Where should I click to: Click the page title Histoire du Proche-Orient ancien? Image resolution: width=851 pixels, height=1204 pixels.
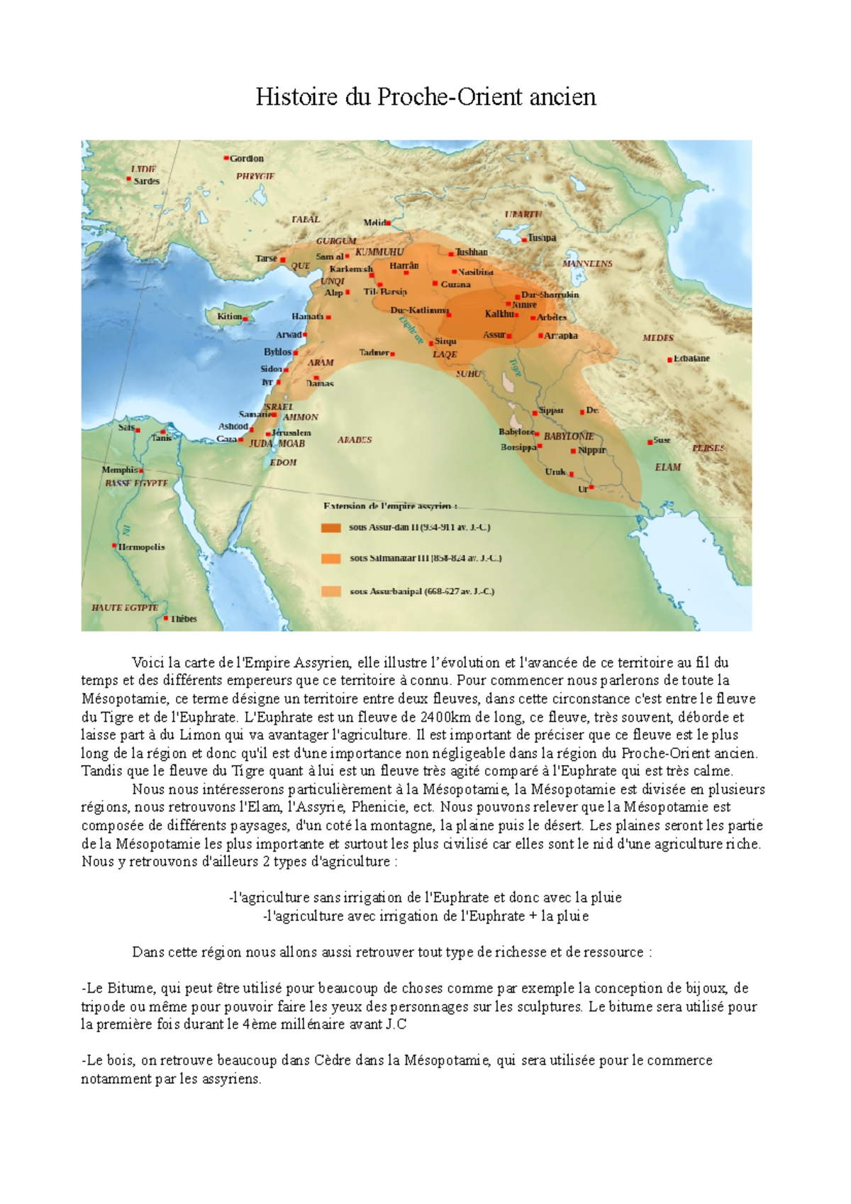pyautogui.click(x=425, y=96)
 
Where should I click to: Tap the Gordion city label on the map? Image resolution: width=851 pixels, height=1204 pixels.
pyautogui.click(x=246, y=159)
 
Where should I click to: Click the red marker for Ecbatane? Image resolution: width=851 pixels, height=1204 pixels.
pyautogui.click(x=669, y=360)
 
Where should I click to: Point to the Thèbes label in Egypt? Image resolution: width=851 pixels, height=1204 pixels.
pyautogui.click(x=184, y=619)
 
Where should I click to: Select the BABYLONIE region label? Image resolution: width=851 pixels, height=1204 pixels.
pyautogui.click(x=569, y=436)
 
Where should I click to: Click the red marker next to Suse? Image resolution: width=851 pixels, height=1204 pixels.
pyautogui.click(x=650, y=442)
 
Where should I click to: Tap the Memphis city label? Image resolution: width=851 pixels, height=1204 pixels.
pyautogui.click(x=119, y=469)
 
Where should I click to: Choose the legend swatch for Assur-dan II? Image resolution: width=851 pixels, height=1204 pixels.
pyautogui.click(x=330, y=528)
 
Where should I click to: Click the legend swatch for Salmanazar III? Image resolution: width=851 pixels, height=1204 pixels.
pyautogui.click(x=330, y=559)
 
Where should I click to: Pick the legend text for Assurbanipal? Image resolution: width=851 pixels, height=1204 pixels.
pyautogui.click(x=422, y=591)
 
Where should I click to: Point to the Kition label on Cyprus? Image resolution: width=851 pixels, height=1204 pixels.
pyautogui.click(x=229, y=316)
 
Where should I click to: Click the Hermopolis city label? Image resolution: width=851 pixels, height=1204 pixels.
pyautogui.click(x=141, y=547)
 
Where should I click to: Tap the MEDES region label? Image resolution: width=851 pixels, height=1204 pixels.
pyautogui.click(x=658, y=338)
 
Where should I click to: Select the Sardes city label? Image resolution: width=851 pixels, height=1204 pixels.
pyautogui.click(x=147, y=182)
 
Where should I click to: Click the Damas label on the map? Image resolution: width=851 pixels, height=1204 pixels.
pyautogui.click(x=320, y=384)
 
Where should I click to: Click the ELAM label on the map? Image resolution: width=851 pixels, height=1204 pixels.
pyautogui.click(x=667, y=467)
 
